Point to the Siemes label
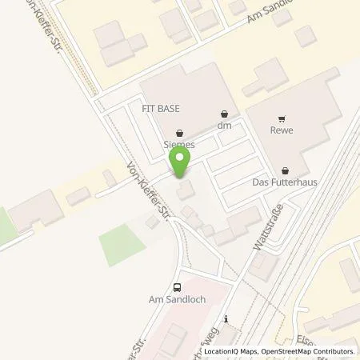coord(179,146)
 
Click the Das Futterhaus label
coord(286,182)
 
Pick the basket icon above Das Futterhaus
coord(286,170)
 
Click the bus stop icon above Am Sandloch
coord(176,287)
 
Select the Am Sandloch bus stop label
coord(176,301)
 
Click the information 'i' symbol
coord(226,318)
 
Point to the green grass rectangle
coord(118,243)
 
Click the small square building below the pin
coord(186,190)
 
